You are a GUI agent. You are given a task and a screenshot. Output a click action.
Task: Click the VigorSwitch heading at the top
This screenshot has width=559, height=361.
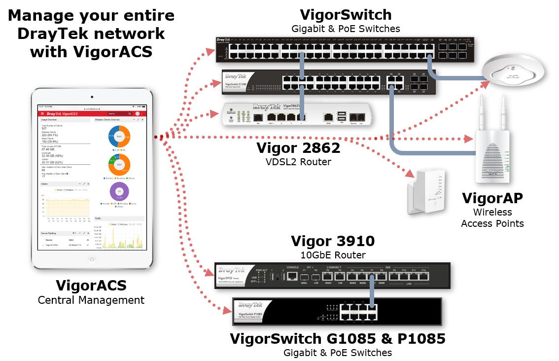click(346, 15)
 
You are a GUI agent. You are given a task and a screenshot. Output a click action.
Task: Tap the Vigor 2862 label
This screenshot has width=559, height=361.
click(298, 147)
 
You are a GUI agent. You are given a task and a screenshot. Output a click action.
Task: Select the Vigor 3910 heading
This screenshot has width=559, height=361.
click(333, 241)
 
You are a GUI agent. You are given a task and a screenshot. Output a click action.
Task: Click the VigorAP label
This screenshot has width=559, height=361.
click(492, 198)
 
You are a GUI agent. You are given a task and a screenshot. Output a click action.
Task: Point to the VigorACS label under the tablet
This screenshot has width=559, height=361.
click(91, 286)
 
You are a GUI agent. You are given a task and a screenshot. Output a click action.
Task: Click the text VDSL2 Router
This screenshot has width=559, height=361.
click(298, 162)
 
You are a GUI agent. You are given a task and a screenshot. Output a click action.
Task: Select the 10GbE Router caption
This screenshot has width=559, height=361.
click(333, 255)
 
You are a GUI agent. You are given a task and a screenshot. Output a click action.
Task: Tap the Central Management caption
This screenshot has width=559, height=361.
click(91, 300)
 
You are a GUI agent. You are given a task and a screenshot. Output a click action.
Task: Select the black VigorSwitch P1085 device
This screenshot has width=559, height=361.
click(337, 312)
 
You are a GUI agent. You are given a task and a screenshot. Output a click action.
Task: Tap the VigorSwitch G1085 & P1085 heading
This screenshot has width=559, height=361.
click(338, 339)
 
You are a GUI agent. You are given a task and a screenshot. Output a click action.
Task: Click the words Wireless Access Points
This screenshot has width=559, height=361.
click(492, 218)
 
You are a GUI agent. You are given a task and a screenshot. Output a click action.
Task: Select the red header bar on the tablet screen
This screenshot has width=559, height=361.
click(91, 113)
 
